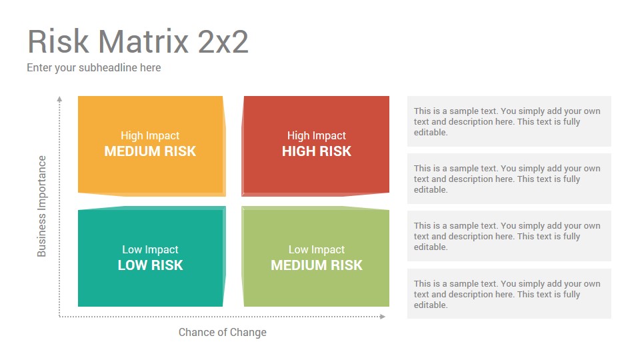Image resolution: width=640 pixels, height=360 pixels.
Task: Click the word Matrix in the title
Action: click(143, 41)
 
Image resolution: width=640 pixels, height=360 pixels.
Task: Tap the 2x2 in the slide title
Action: click(223, 41)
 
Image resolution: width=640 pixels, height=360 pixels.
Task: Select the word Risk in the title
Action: click(58, 41)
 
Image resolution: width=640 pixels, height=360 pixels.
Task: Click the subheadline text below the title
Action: click(94, 68)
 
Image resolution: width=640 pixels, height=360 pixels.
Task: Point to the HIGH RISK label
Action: click(316, 151)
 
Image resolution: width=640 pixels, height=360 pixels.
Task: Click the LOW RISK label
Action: click(150, 265)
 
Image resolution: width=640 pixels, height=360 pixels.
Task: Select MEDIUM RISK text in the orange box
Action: click(150, 151)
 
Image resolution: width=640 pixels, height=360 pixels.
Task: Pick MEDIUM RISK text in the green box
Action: click(316, 265)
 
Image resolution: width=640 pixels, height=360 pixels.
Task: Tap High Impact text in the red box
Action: click(316, 136)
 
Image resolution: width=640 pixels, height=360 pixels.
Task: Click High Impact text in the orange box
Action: click(150, 136)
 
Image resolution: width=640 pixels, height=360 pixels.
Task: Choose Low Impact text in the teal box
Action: click(150, 249)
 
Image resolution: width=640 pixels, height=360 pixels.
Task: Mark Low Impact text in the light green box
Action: click(316, 249)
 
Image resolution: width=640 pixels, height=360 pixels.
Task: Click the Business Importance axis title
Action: click(41, 206)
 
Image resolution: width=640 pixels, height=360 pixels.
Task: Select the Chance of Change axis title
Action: click(223, 333)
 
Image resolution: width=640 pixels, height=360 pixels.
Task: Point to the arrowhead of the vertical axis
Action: click(59, 99)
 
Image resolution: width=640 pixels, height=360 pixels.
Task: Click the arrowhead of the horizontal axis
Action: click(383, 317)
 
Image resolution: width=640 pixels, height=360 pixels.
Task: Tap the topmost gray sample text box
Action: click(509, 121)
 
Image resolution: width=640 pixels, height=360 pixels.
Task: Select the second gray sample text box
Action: click(509, 179)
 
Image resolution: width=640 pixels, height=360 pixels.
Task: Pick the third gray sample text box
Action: click(509, 236)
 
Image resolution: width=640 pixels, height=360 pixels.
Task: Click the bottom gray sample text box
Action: click(509, 293)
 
